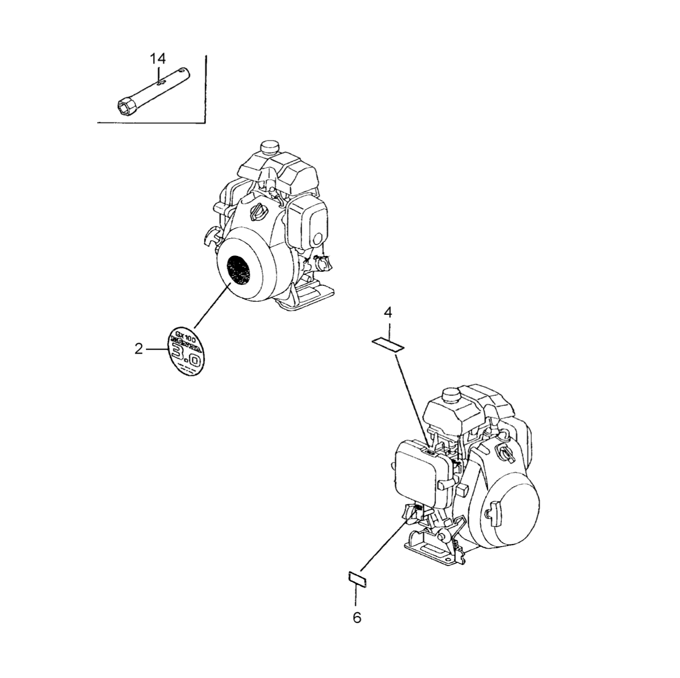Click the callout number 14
[158, 58]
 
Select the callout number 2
[139, 348]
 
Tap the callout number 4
[388, 313]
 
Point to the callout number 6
[357, 618]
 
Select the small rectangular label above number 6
[357, 578]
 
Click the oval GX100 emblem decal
[184, 351]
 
